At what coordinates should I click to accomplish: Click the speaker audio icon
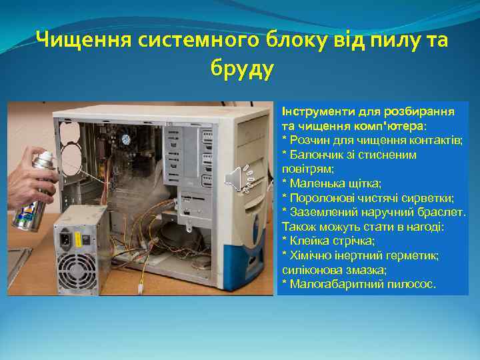(x=235, y=178)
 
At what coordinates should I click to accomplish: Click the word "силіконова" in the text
(x=311, y=270)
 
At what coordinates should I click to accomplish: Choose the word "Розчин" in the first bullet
(x=307, y=140)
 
